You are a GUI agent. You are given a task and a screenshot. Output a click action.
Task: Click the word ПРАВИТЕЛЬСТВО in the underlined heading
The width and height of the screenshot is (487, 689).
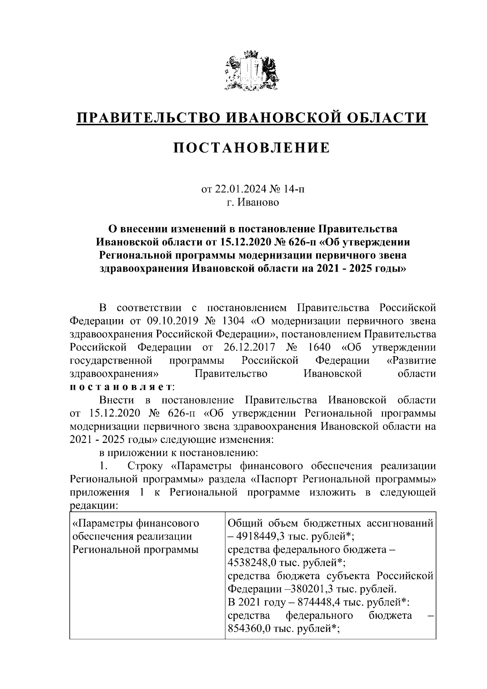tap(149, 118)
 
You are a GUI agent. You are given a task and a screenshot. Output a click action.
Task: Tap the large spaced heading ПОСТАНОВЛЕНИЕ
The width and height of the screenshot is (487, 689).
tap(252, 148)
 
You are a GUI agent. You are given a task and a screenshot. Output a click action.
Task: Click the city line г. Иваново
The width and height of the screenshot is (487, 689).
tap(253, 202)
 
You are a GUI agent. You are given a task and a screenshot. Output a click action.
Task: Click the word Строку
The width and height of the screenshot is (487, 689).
tap(147, 466)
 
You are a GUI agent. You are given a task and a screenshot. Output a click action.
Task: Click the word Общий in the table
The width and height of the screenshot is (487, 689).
tap(244, 523)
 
